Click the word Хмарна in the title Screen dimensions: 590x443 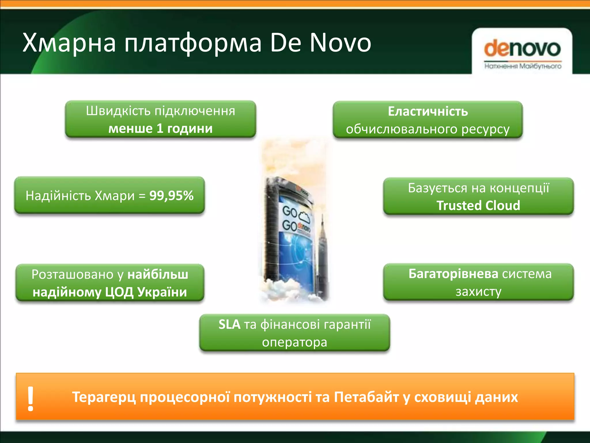(69, 43)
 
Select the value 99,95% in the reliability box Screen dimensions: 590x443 (171, 196)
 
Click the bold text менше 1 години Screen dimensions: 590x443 (160, 129)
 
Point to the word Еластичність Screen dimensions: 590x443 (428, 112)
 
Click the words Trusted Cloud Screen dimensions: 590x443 (478, 206)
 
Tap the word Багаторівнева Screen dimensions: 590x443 (453, 274)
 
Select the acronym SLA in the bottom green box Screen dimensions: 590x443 (229, 324)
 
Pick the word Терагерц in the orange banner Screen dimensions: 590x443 (104, 397)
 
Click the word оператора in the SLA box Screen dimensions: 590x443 (294, 342)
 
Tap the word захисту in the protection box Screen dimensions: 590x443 (478, 292)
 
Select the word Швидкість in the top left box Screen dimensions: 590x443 (118, 111)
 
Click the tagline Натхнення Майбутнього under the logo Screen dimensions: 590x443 (523, 66)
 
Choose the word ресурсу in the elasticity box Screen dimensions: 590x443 (485, 129)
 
